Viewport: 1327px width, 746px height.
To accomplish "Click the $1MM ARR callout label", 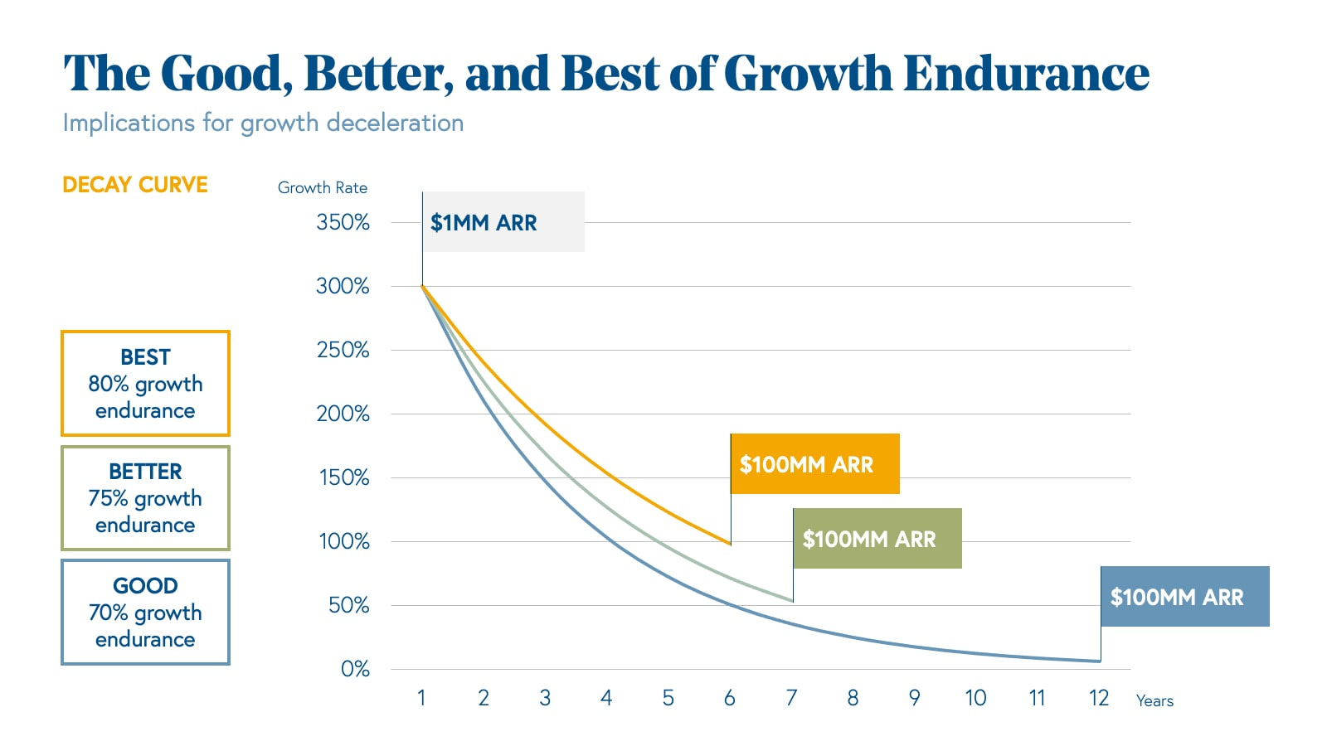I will point(503,222).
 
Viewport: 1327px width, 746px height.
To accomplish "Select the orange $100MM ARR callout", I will point(814,464).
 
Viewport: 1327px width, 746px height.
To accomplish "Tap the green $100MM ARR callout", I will point(877,539).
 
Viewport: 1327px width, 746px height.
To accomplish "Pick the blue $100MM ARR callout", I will point(1184,597).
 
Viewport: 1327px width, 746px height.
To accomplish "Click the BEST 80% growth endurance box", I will point(145,384).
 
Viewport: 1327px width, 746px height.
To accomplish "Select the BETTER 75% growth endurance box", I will point(145,498).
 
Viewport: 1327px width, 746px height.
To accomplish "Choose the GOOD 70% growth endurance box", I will point(145,613).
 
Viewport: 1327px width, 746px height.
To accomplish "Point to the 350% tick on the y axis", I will point(343,222).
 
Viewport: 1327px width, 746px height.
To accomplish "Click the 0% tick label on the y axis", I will point(355,669).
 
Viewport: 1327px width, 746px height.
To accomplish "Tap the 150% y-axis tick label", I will point(344,477).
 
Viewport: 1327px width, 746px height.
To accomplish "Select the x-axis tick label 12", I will point(1099,698).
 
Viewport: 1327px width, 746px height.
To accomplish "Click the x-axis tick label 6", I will point(730,698).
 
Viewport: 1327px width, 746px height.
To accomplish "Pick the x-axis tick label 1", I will point(421,698).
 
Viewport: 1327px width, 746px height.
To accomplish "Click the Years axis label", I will point(1154,701).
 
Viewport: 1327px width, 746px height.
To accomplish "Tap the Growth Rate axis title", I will point(323,187).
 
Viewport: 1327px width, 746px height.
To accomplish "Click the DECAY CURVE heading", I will point(135,185).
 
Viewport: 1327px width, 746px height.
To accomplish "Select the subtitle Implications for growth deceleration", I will point(263,123).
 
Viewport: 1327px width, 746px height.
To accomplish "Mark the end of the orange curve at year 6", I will point(730,544).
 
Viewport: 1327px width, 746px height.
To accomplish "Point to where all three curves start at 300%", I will point(422,286).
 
